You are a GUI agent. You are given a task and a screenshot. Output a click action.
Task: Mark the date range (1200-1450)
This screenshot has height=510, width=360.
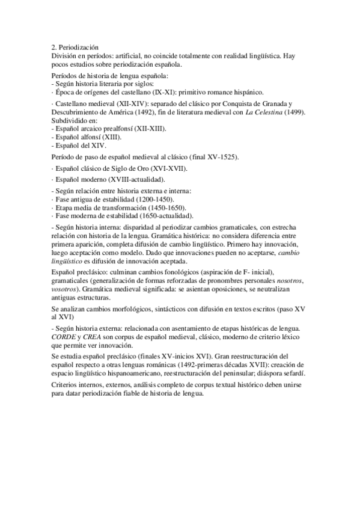coord(148,199)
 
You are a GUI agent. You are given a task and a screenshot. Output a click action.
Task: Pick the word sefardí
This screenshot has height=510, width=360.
coord(294,373)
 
